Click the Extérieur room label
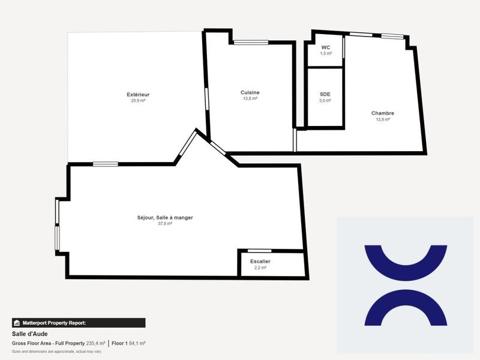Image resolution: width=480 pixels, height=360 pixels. tap(138, 95)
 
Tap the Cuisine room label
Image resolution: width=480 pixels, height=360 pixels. tap(250, 92)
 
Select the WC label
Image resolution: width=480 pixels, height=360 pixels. tap(325, 47)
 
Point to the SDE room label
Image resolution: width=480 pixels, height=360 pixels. tap(325, 94)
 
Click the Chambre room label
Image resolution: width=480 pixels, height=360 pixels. tap(382, 113)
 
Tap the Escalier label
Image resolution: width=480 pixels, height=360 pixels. tap(260, 262)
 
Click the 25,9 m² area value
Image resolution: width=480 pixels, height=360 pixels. tap(138, 101)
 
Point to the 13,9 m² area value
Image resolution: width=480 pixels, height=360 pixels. tap(382, 119)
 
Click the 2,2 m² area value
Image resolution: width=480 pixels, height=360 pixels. tap(260, 268)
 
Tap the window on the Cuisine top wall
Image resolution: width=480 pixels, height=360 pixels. tap(251, 42)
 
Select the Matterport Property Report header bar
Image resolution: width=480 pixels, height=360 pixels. tap(79, 323)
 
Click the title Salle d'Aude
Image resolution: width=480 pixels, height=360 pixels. tap(29, 334)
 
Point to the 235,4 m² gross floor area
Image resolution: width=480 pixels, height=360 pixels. tap(95, 343)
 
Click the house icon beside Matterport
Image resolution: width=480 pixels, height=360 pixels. tap(17, 323)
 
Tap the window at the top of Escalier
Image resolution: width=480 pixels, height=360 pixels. tap(259, 250)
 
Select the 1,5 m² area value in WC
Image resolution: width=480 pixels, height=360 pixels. tap(325, 53)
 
